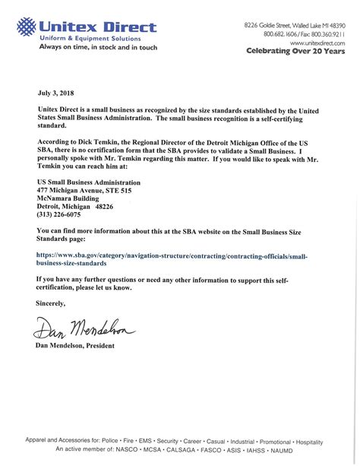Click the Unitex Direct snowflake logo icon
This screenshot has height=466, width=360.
click(x=27, y=28)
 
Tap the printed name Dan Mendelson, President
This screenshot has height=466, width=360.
click(x=76, y=346)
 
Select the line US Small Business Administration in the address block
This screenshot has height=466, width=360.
click(x=89, y=183)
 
